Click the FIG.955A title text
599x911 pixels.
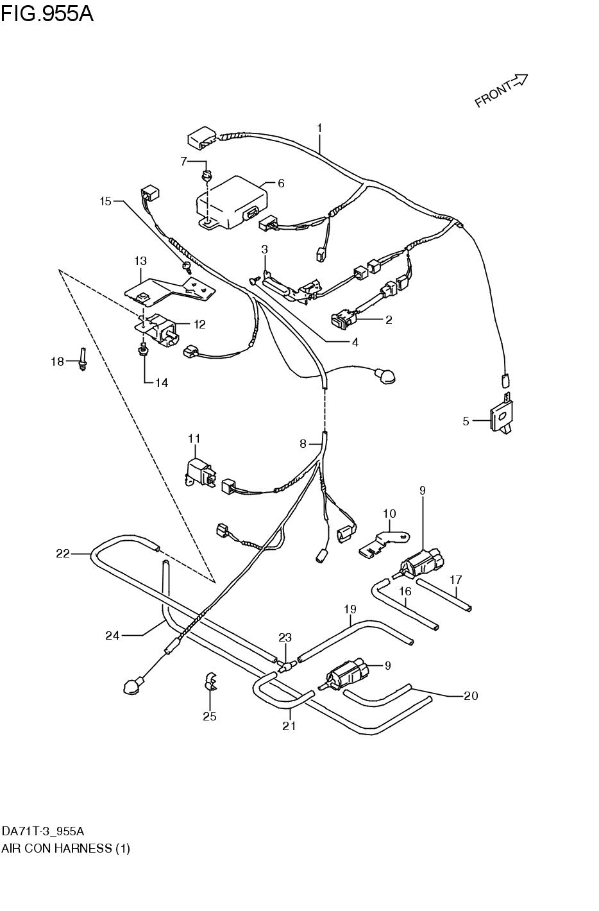pos(47,13)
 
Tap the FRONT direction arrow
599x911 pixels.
pos(500,91)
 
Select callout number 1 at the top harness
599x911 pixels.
pos(319,128)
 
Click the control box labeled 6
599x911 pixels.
pos(231,200)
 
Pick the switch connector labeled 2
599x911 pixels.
pos(345,315)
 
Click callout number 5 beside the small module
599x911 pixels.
pos(466,421)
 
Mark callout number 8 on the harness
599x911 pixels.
pos(303,443)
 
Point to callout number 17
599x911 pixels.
pos(455,579)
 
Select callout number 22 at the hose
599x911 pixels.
pos(62,553)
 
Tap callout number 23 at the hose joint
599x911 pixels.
pos(285,637)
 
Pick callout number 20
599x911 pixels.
pos(471,695)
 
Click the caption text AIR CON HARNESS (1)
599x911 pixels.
pos(65,848)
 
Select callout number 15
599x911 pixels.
pos(105,201)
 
